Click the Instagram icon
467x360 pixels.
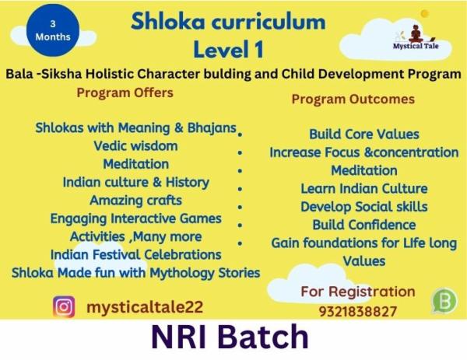(65, 306)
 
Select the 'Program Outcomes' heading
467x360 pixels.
(353, 99)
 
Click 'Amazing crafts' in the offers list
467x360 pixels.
(135, 200)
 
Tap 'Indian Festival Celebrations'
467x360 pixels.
(135, 254)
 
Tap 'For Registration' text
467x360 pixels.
(358, 292)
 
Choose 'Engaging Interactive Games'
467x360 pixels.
(135, 218)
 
